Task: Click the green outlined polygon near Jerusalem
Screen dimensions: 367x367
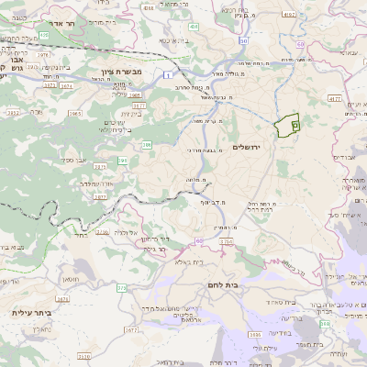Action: point(289,124)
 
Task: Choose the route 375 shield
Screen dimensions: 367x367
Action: point(121,288)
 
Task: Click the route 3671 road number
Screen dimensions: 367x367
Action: point(62,298)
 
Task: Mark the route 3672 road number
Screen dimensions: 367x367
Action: point(13,113)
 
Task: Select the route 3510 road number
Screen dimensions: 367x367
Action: point(84,355)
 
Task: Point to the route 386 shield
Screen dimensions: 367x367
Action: point(146,143)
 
